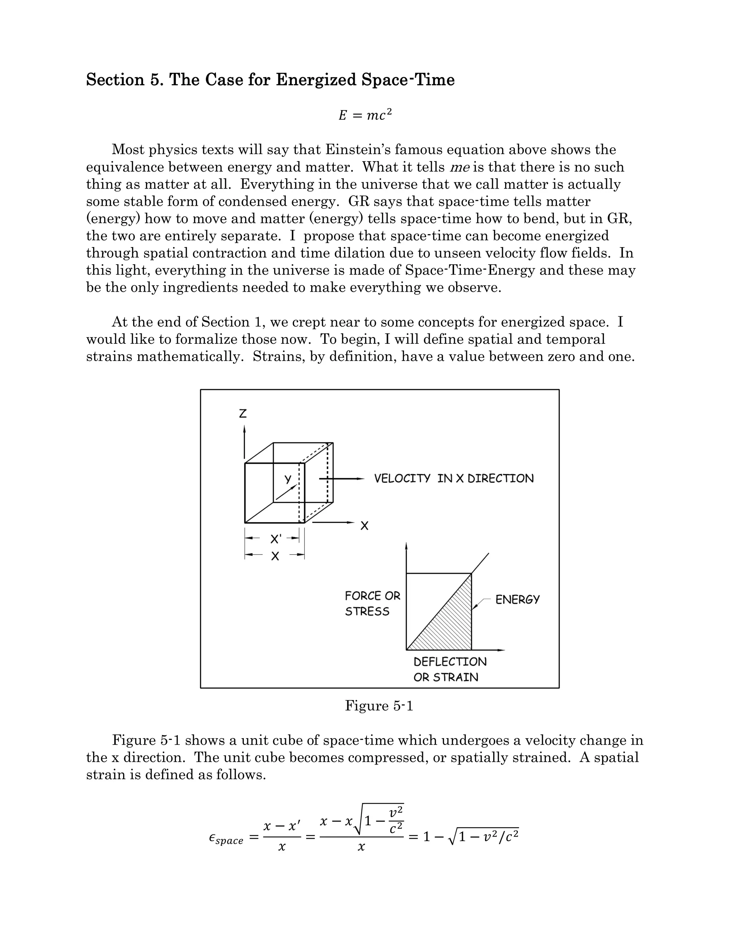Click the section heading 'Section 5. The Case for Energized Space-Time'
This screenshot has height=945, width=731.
coord(270,80)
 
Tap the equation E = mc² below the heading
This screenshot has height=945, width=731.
coord(365,115)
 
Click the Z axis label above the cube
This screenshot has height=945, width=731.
coord(243,414)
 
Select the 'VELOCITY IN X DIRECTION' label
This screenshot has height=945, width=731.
coord(453,479)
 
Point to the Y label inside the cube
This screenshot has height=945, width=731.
coord(288,479)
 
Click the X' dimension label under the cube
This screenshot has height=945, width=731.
coord(276,539)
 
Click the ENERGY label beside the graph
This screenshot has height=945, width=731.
coord(518,600)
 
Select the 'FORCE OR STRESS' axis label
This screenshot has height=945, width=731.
coord(372,604)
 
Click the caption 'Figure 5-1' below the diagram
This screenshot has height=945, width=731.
coord(379,706)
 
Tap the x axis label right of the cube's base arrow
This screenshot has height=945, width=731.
coord(364,526)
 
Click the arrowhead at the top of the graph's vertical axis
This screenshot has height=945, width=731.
coord(406,546)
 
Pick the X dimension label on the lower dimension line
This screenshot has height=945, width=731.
coord(274,556)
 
